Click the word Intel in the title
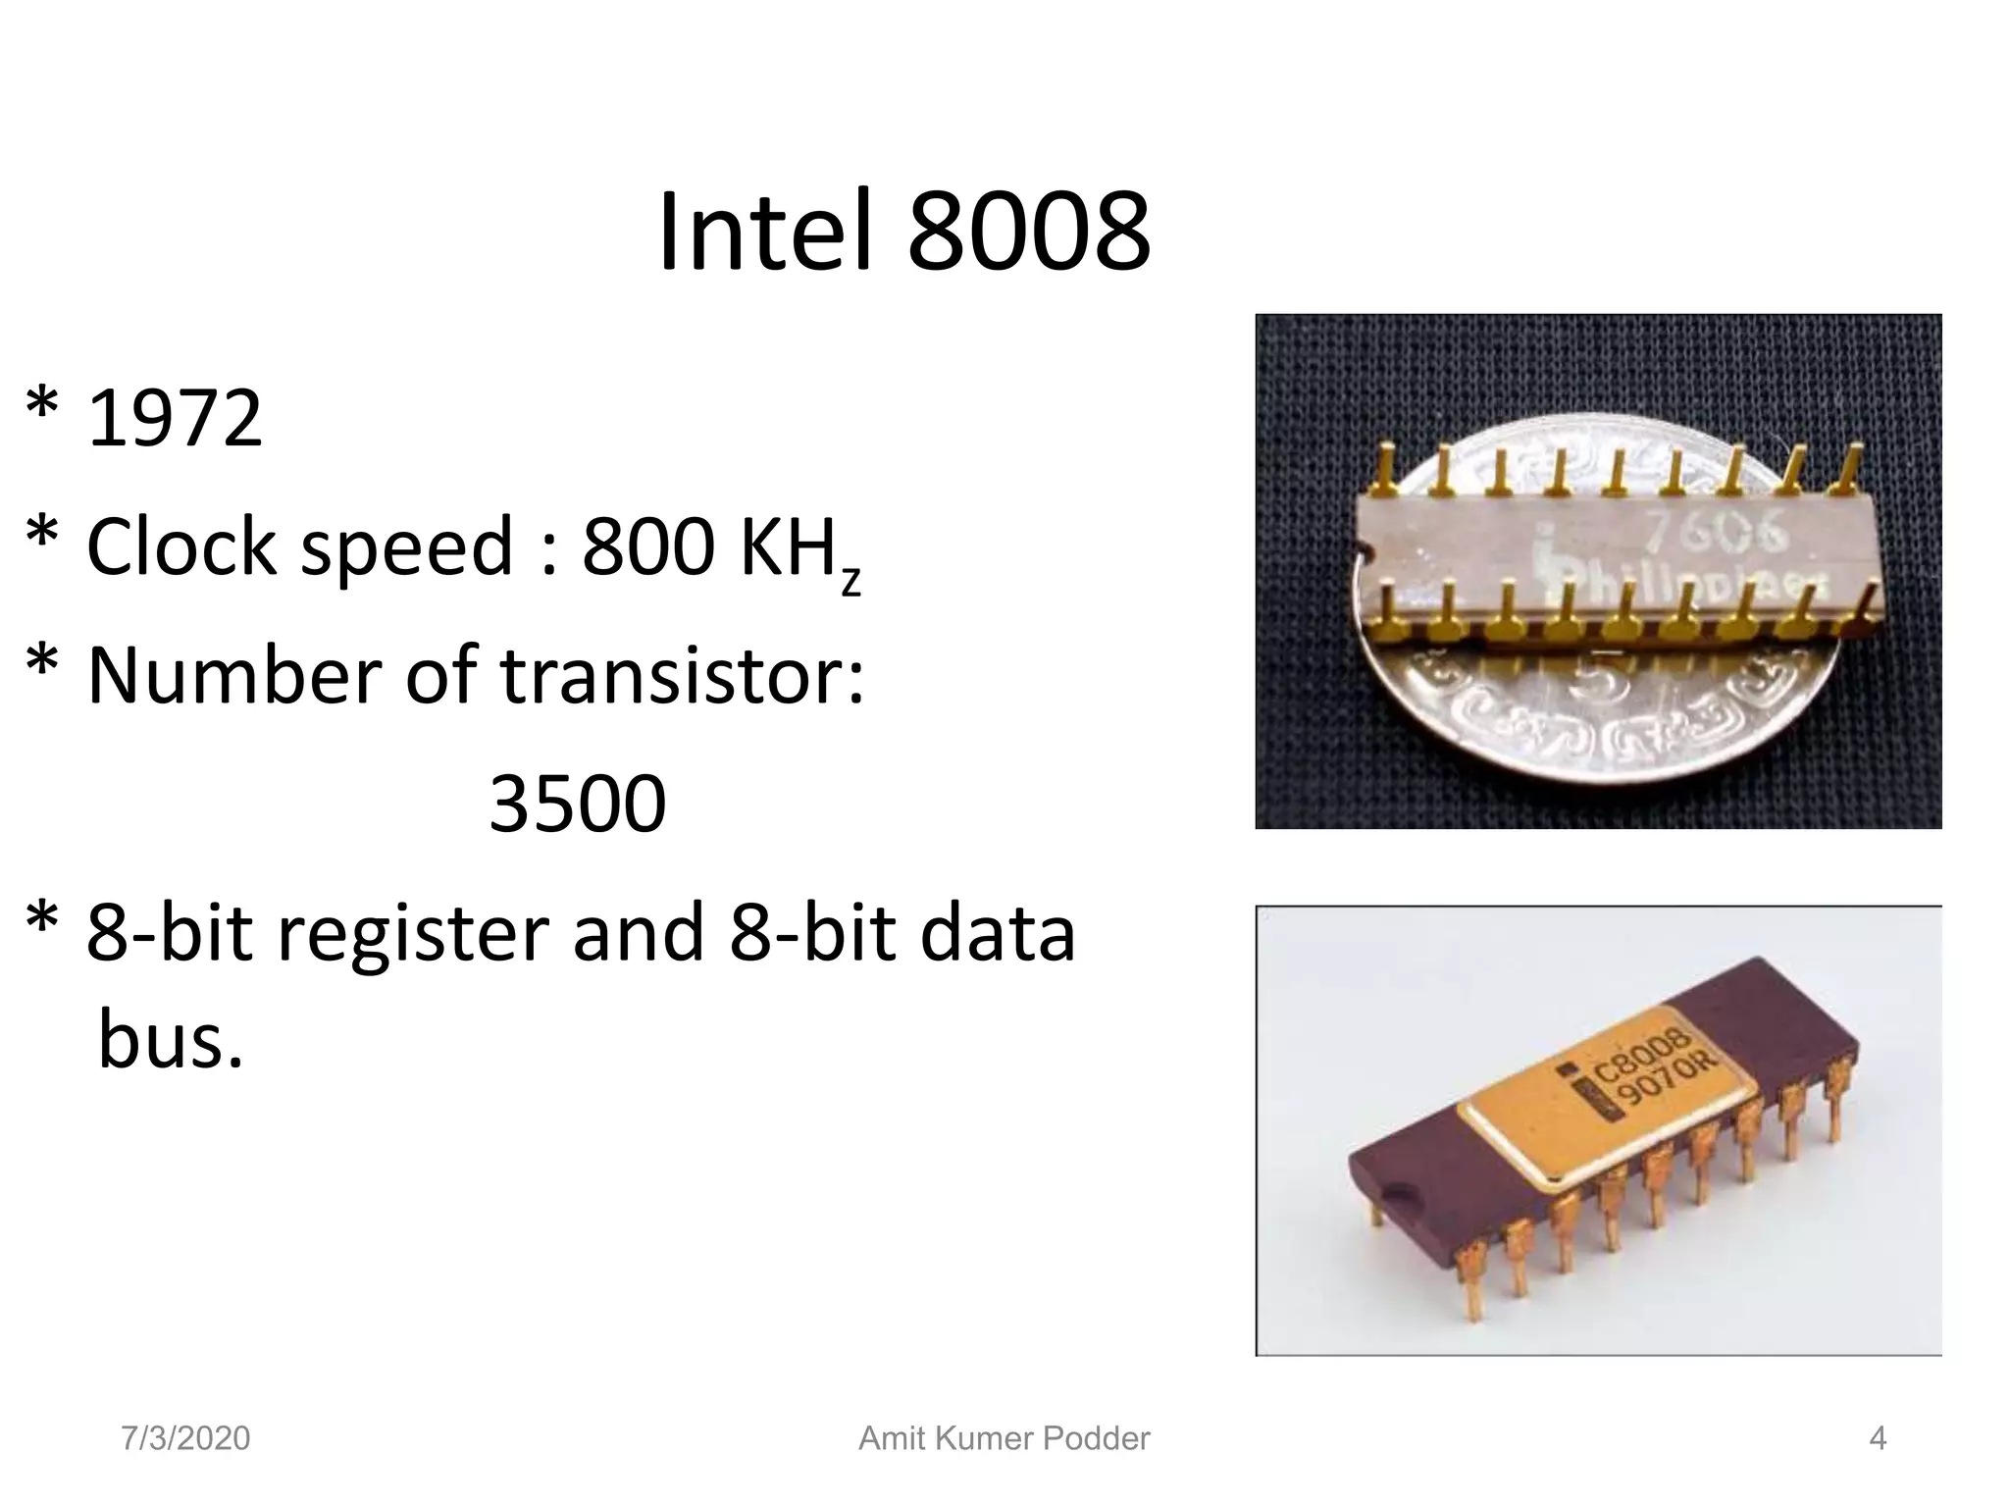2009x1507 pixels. coord(764,234)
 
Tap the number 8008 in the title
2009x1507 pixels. coord(1029,234)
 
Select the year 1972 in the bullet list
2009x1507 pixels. coord(175,418)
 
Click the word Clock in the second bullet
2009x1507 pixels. coord(181,546)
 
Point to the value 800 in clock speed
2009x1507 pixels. coord(647,546)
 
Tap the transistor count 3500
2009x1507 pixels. coord(578,805)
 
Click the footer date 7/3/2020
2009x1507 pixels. coord(185,1438)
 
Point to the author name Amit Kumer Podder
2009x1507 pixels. coord(1004,1438)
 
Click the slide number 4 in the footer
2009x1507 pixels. coord(1878,1438)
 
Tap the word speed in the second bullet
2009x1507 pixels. coord(407,546)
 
